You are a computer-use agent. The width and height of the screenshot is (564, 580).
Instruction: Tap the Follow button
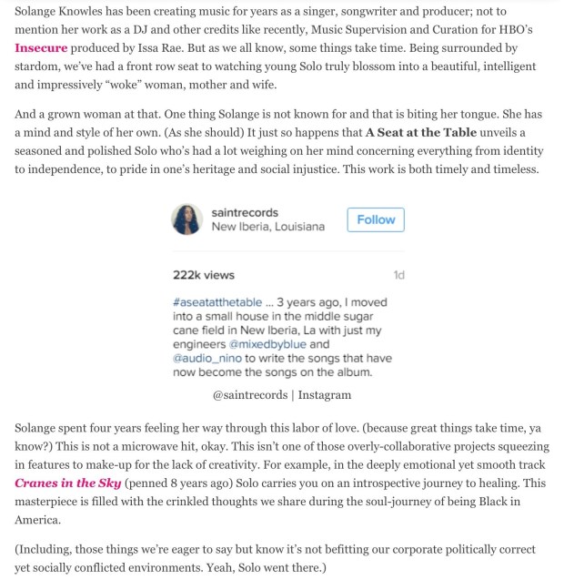click(x=376, y=219)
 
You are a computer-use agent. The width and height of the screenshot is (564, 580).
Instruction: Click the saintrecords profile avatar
click(x=187, y=219)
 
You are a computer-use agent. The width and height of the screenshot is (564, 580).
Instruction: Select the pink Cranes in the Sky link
click(x=68, y=483)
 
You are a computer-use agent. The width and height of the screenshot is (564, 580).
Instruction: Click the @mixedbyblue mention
click(x=267, y=344)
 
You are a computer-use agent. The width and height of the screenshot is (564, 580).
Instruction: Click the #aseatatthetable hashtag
click(x=216, y=302)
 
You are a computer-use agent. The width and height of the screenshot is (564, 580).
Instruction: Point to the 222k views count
click(x=203, y=275)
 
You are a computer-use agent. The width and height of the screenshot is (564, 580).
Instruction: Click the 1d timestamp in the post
click(x=398, y=275)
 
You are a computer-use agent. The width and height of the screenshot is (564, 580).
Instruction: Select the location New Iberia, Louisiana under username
click(x=267, y=227)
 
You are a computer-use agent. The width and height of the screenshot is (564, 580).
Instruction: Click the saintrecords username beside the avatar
click(x=245, y=212)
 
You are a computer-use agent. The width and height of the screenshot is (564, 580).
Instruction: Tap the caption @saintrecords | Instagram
click(x=281, y=395)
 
